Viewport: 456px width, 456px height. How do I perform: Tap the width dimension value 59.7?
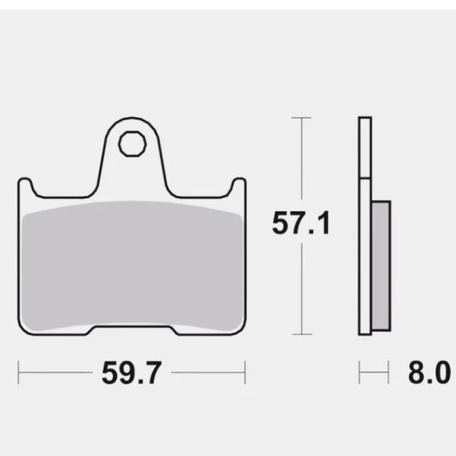point(131,372)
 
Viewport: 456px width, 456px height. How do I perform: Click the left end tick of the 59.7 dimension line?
point(18,372)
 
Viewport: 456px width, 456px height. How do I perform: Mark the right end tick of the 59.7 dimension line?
point(244,372)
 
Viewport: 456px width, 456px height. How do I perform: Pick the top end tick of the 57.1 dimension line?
point(301,118)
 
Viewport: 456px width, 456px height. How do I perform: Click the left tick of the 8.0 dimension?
point(360,372)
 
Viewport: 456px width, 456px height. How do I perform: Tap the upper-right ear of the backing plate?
point(238,186)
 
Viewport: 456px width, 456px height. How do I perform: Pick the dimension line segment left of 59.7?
point(56,372)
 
